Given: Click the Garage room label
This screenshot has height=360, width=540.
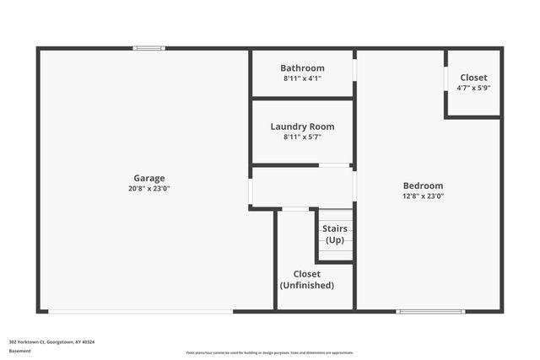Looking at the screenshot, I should tap(148, 178).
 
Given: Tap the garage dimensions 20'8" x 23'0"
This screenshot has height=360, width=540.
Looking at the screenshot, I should tap(148, 188).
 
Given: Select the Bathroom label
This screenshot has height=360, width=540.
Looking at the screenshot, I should tap(302, 68).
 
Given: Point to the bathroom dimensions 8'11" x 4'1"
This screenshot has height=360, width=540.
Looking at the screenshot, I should tap(302, 78).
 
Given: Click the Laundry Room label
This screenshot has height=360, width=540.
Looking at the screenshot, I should tap(302, 126).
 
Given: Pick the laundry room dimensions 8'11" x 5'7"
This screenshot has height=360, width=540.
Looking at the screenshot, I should tap(302, 137).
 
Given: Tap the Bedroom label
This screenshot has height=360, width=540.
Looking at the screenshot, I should tap(423, 185).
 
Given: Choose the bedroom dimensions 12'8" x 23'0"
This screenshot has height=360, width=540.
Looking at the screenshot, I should tap(423, 196).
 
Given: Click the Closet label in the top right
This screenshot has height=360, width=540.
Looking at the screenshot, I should tap(473, 78).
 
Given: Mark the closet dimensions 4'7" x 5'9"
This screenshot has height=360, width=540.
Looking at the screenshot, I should tap(473, 88).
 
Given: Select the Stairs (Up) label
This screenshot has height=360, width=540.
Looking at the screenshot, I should tap(335, 234).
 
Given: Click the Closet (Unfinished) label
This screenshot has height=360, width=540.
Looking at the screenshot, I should tap(306, 279).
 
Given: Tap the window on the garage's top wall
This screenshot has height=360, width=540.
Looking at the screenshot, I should tap(148, 48).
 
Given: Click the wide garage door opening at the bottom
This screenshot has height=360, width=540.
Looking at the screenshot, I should tap(140, 311).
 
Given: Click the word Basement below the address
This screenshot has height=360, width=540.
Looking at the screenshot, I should tap(19, 350).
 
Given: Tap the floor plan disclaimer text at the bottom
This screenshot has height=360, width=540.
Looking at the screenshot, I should tap(270, 352).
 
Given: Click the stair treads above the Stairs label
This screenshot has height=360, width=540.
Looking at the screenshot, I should tap(335, 216).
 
